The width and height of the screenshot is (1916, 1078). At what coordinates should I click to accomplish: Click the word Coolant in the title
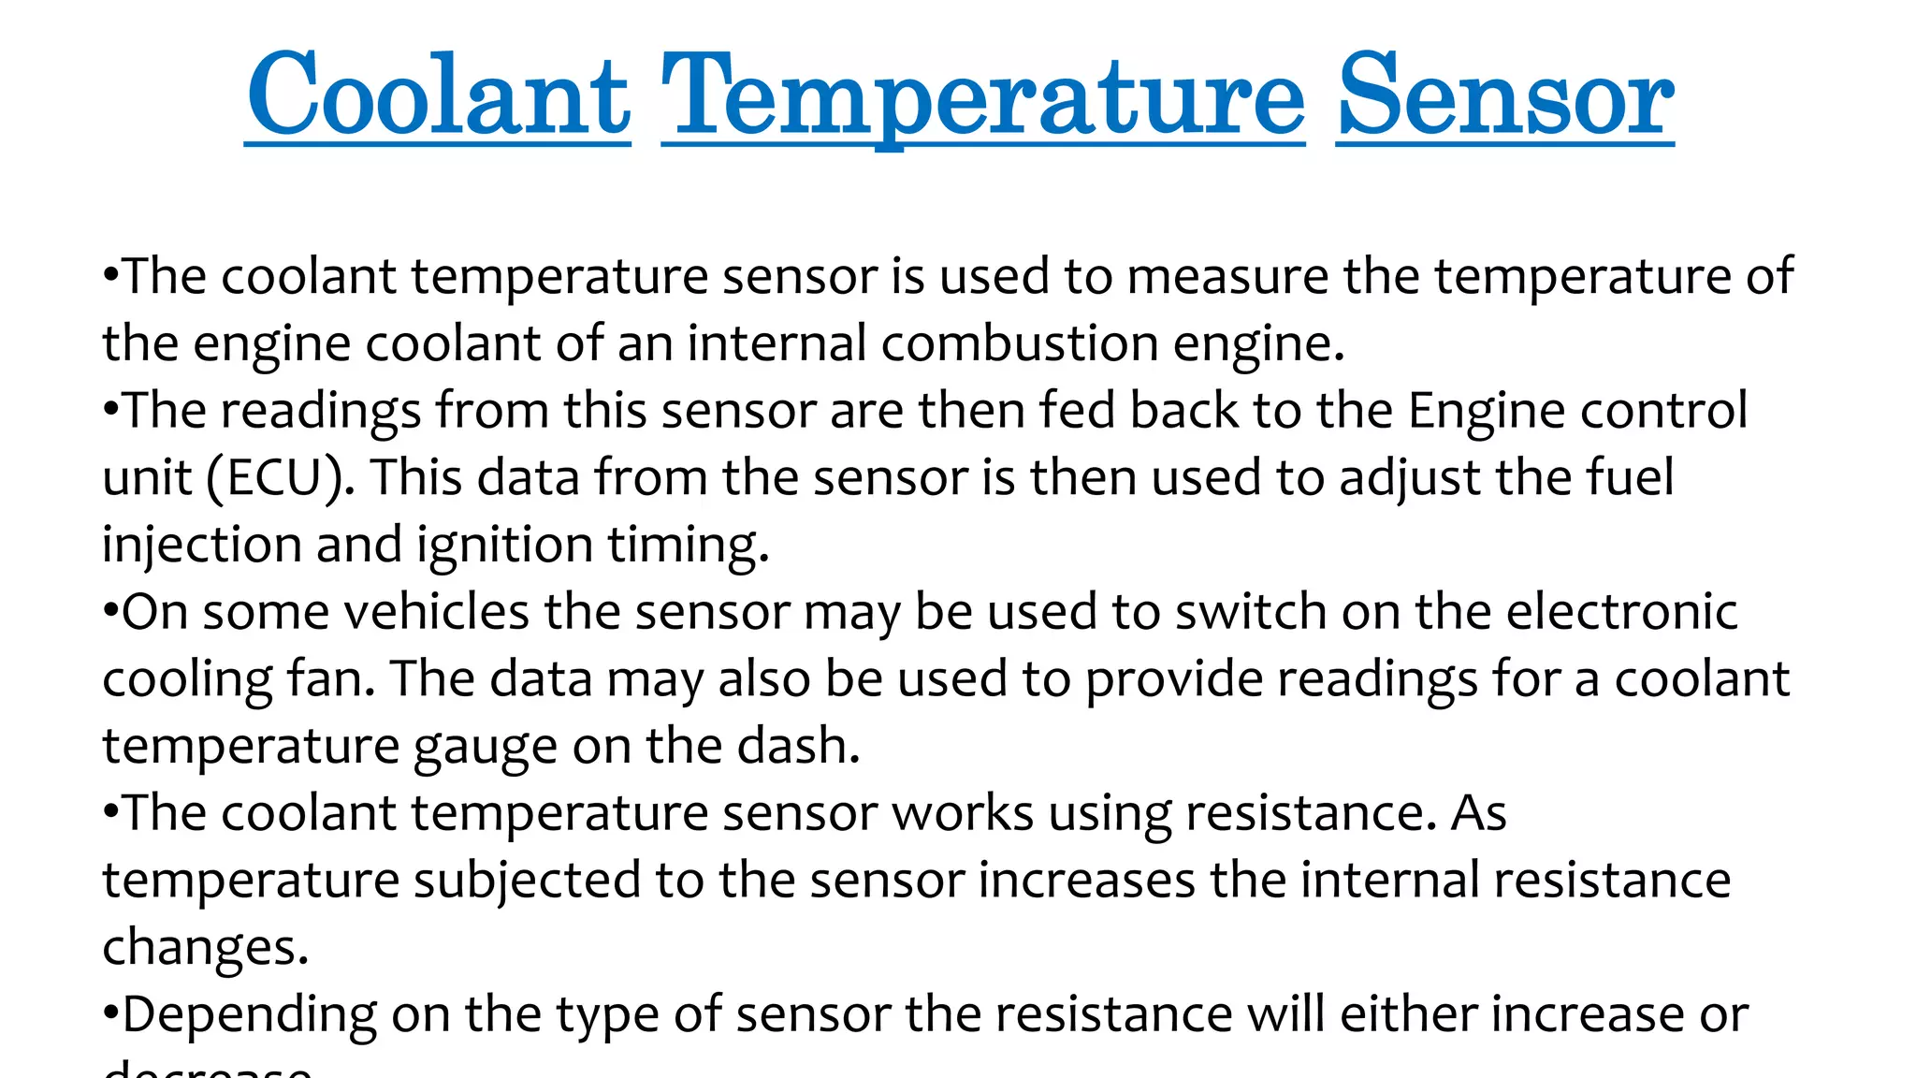438,95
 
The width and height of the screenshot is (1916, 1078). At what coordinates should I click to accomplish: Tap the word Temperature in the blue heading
982,95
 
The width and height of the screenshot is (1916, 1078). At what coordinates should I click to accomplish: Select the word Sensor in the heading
1504,95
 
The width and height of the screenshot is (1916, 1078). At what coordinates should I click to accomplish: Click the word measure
1227,277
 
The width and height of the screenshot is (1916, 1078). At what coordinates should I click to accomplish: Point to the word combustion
1020,343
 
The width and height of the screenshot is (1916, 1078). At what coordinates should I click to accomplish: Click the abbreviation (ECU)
275,478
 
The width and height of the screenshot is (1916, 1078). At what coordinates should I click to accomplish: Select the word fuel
1630,477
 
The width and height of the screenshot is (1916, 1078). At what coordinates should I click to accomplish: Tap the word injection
201,546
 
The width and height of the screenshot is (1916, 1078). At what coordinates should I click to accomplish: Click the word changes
204,948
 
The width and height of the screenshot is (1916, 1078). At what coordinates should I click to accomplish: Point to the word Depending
250,1016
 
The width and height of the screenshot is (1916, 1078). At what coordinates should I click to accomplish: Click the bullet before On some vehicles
110,613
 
